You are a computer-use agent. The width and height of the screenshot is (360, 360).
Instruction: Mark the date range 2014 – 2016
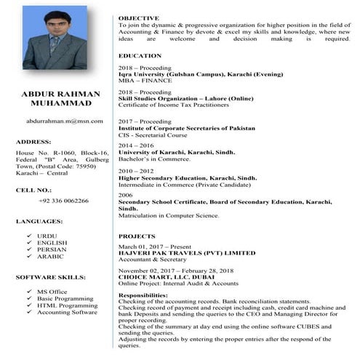tap(135, 145)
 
